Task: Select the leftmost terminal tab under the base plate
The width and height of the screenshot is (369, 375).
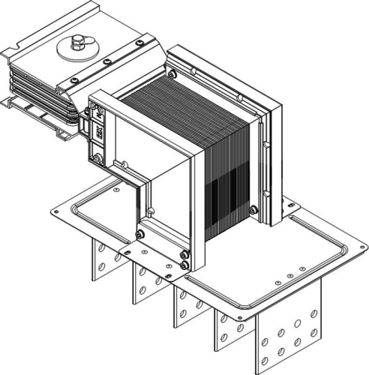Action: pos(104,259)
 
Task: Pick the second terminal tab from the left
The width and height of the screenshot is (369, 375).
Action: pos(145,281)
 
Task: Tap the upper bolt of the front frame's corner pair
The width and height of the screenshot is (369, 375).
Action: pos(184,256)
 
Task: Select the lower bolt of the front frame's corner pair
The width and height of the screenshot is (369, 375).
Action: pos(184,265)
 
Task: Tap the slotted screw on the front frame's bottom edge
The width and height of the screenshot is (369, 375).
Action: pos(140,234)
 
